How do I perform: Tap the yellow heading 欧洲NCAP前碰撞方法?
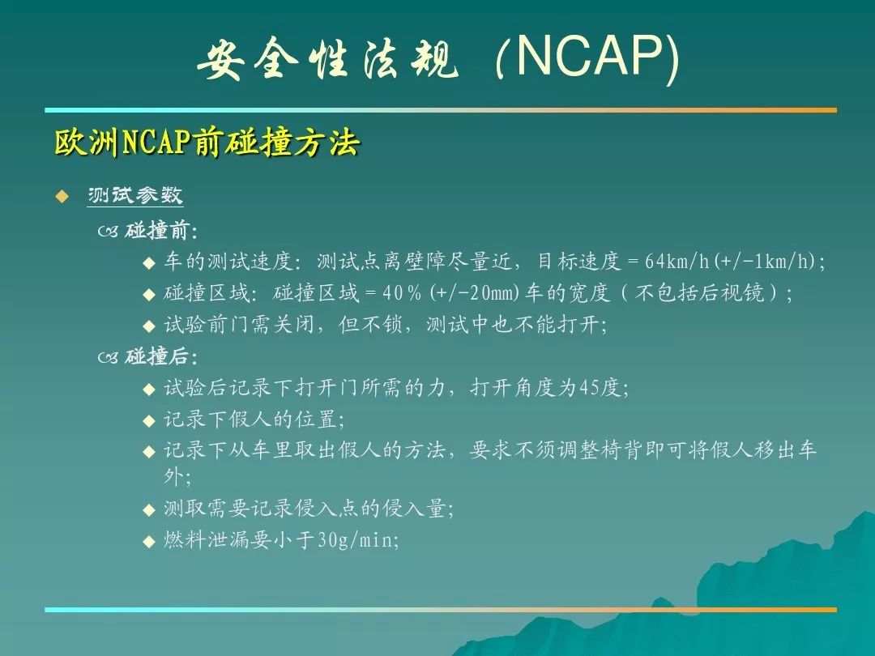click(x=207, y=143)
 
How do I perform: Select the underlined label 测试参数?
click(x=135, y=195)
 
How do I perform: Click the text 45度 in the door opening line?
click(x=600, y=387)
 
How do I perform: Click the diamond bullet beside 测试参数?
click(x=62, y=196)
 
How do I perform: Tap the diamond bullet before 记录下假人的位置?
click(x=148, y=420)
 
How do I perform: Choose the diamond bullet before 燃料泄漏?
click(x=148, y=541)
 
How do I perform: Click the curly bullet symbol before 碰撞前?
click(x=109, y=231)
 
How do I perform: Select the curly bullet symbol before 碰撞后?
click(x=109, y=357)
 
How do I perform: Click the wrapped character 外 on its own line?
click(x=173, y=476)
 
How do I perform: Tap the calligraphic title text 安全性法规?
click(x=327, y=58)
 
